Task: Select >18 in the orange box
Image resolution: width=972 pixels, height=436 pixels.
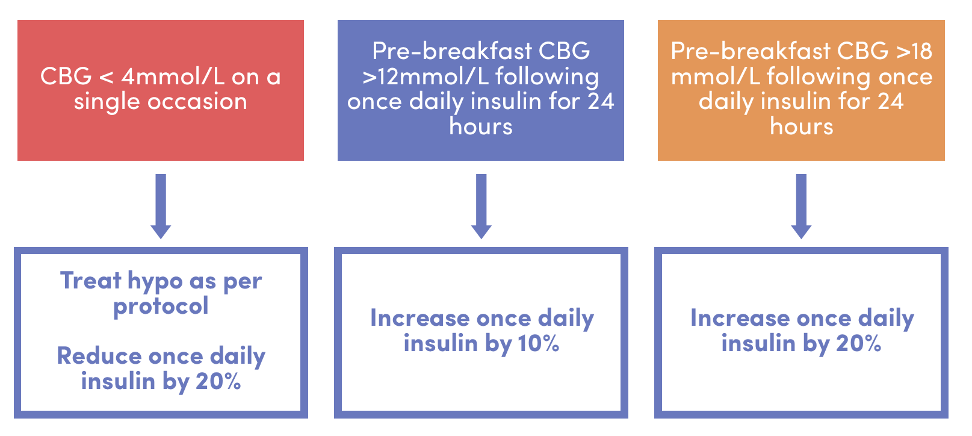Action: (x=914, y=51)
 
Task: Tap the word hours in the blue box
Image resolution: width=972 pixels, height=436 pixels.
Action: (x=481, y=127)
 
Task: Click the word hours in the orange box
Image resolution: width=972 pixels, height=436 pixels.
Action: (x=801, y=127)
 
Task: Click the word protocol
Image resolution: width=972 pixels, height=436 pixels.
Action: (x=161, y=307)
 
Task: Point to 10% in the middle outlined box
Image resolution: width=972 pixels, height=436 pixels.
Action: (x=538, y=344)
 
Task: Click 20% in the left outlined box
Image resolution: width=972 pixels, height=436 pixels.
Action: (x=218, y=381)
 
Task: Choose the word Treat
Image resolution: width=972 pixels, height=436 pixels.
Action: (x=90, y=281)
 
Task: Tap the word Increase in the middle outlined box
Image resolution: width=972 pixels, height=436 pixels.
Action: (x=419, y=318)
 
